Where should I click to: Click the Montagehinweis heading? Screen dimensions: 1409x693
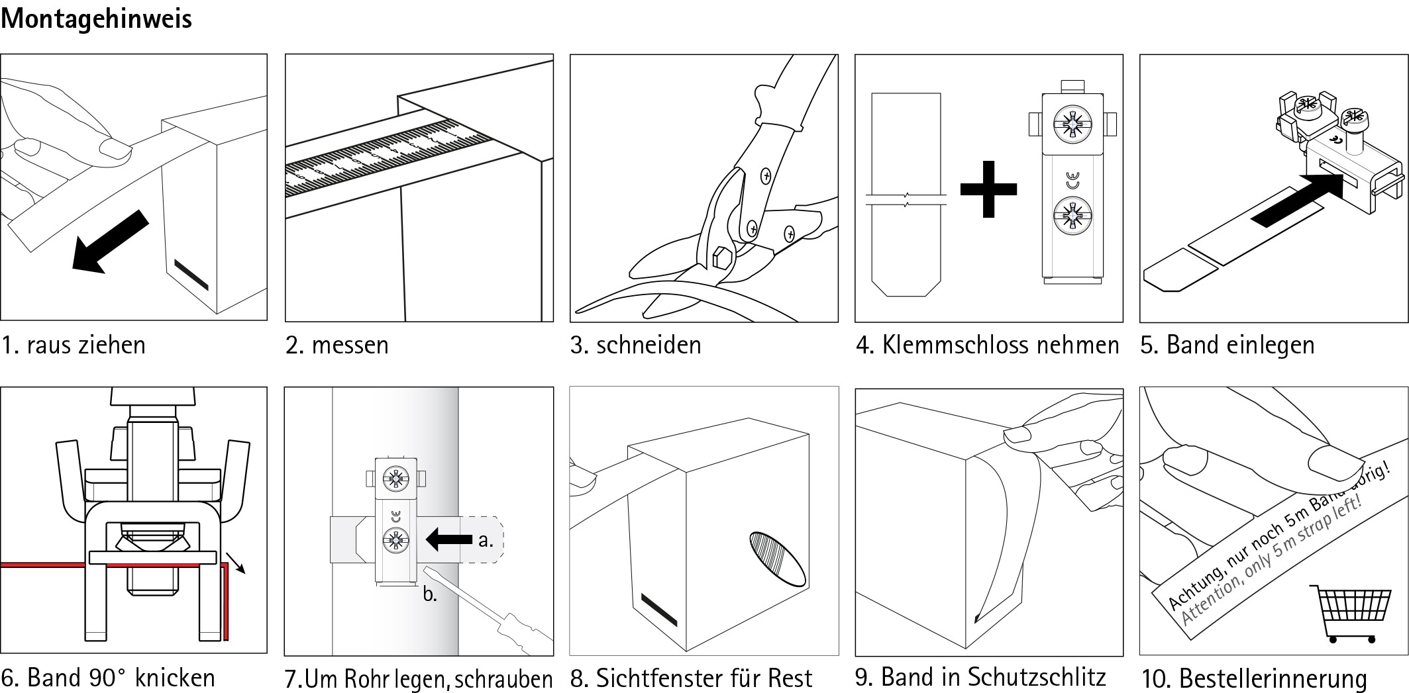[x=97, y=20]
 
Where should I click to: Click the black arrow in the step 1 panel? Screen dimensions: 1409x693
[x=110, y=241]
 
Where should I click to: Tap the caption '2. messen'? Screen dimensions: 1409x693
[x=337, y=346]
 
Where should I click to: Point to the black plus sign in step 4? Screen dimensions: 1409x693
[x=988, y=189]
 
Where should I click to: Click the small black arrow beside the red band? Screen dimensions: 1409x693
[x=236, y=563]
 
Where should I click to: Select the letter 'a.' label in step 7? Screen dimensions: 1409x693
[x=486, y=540]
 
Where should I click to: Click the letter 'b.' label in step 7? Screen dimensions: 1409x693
[x=430, y=594]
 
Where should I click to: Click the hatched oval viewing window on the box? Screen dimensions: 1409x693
[x=778, y=558]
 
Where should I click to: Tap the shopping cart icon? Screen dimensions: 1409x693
[x=1349, y=613]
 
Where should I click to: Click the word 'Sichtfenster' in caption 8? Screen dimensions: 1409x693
[x=660, y=679]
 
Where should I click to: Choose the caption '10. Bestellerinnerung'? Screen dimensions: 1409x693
[x=1253, y=679]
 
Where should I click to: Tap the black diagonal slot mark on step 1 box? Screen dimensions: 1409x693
[x=191, y=275]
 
